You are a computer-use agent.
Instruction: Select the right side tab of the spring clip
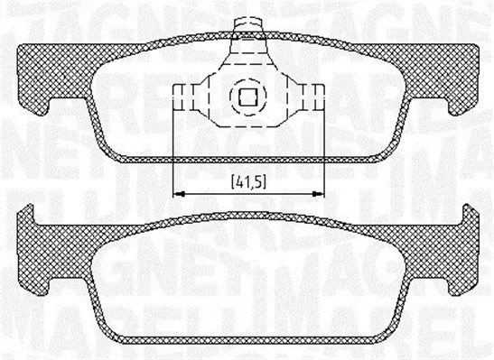(x=314, y=94)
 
